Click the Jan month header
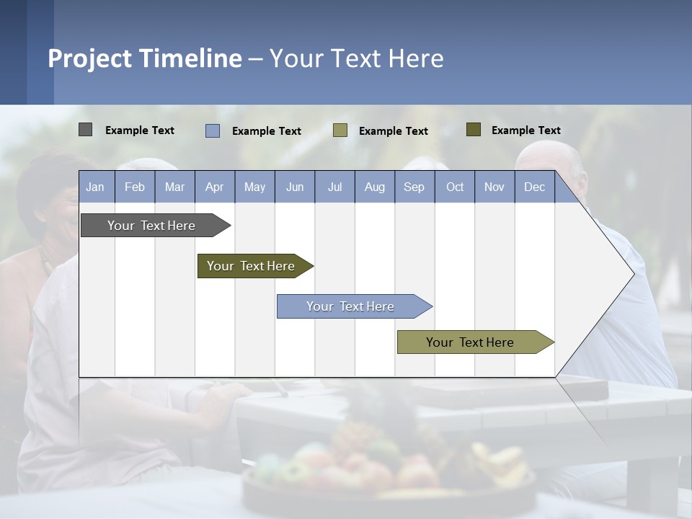click(95, 187)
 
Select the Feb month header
click(135, 187)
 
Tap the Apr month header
click(215, 187)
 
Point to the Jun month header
click(295, 187)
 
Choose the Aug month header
click(375, 187)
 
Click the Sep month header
click(414, 187)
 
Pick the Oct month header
click(455, 187)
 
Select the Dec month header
click(535, 187)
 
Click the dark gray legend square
click(85, 130)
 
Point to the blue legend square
click(213, 130)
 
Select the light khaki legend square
click(340, 130)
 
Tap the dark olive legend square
click(474, 130)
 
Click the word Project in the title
click(89, 58)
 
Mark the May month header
click(254, 187)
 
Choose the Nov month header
click(494, 187)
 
